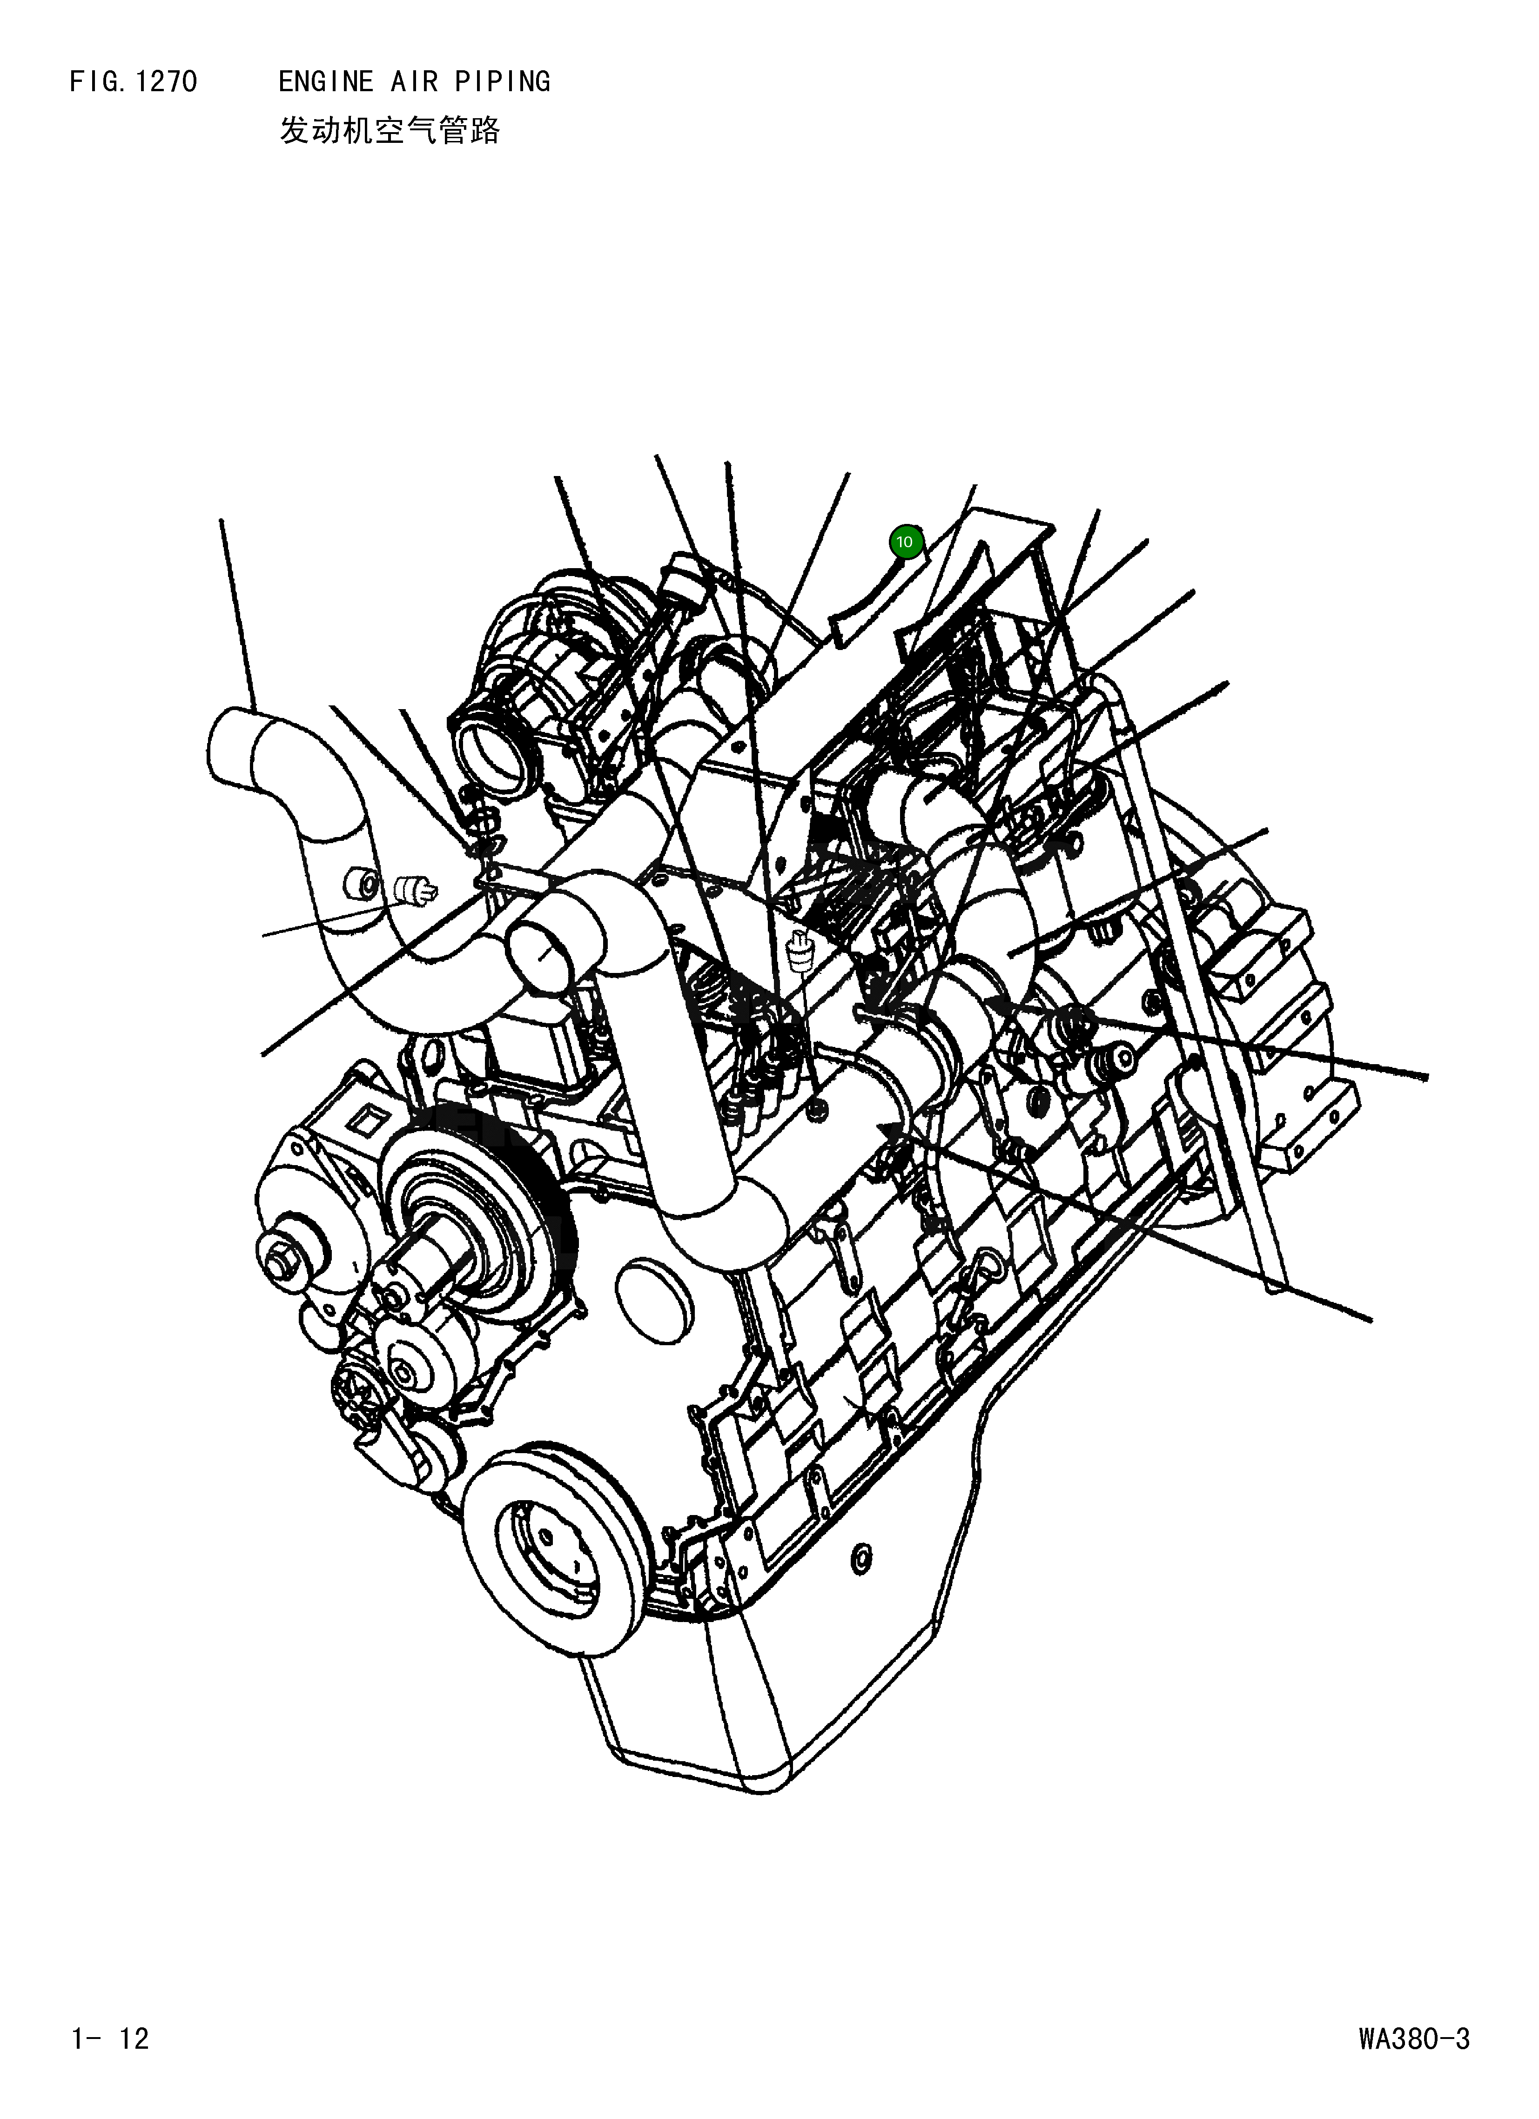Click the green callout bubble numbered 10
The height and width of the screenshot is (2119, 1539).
point(904,542)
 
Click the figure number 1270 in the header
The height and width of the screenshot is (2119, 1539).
point(165,82)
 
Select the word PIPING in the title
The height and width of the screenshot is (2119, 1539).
point(503,82)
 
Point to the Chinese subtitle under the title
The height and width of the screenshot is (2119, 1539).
point(390,131)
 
